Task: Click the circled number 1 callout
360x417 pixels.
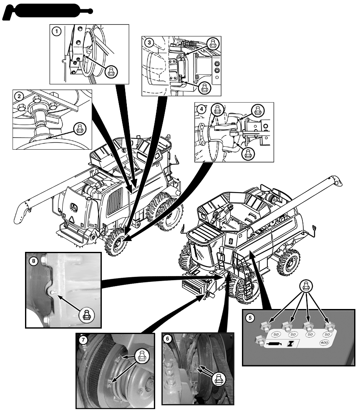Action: tap(56, 32)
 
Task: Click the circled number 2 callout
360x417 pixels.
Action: tap(19, 96)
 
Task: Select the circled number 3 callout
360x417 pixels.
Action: tap(149, 43)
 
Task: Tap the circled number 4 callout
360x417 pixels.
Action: tap(201, 109)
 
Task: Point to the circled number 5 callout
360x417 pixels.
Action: tap(250, 317)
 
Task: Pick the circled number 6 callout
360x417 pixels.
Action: tap(168, 339)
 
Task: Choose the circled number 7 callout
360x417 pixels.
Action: tap(83, 340)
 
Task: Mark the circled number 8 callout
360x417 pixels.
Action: tap(33, 261)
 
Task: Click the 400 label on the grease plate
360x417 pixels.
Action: tap(324, 342)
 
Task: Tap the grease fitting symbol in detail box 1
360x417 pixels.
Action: tap(111, 71)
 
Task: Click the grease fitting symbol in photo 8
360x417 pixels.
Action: tap(86, 314)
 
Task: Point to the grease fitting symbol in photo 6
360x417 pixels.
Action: tap(219, 379)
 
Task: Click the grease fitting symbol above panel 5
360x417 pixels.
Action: tap(306, 286)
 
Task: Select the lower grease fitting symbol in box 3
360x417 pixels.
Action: tap(205, 87)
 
